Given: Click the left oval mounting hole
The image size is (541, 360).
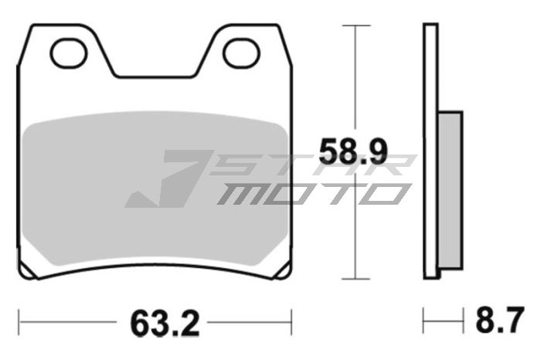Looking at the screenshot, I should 66,53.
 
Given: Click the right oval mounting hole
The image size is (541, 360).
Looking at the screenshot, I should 240,53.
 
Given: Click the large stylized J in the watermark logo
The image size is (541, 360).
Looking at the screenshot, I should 166,179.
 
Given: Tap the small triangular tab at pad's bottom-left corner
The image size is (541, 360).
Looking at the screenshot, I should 26,272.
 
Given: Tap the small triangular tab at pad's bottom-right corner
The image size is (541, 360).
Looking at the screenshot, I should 283,272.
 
